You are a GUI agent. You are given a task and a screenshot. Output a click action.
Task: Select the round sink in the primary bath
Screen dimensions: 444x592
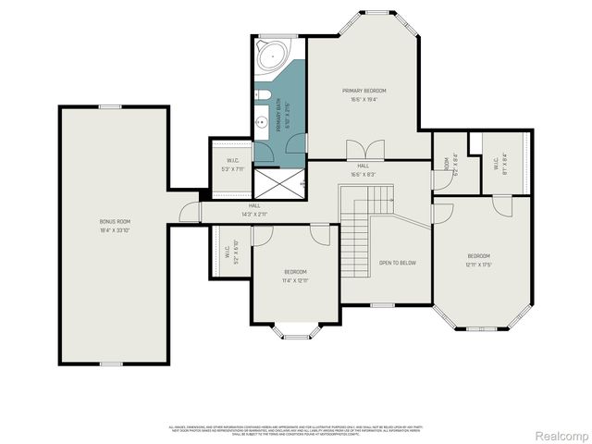click(262, 129)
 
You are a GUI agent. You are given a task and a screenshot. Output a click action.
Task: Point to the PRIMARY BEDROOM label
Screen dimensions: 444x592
click(364, 91)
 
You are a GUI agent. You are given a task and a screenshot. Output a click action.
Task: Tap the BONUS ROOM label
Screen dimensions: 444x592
click(116, 222)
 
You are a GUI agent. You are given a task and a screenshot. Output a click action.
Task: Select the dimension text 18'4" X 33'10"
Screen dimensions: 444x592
click(116, 230)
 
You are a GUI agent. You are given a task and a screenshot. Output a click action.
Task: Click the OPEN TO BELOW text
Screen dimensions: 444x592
click(398, 263)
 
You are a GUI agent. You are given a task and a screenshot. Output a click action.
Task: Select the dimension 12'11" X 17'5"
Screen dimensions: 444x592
click(478, 264)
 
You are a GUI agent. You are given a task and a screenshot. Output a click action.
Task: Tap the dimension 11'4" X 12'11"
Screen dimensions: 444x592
click(295, 279)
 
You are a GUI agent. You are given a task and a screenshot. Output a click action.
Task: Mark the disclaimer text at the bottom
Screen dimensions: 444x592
click(295, 429)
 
